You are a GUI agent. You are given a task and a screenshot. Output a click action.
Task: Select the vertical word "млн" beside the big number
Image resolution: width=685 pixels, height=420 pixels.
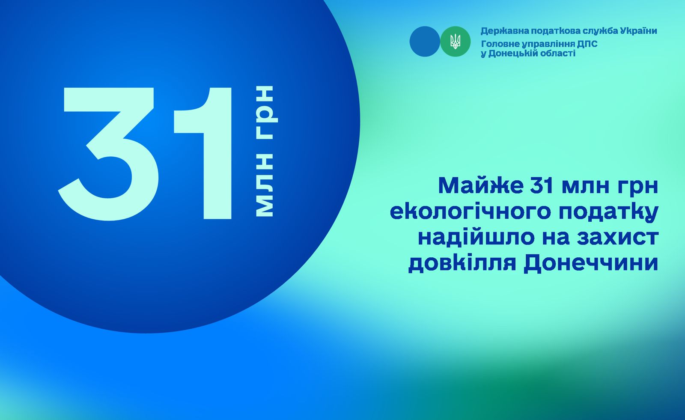click(264, 185)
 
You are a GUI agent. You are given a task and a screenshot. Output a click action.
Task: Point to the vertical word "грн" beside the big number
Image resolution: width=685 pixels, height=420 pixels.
click(266, 113)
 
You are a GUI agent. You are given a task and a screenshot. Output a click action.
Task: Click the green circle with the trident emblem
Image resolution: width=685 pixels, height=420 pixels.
click(456, 41)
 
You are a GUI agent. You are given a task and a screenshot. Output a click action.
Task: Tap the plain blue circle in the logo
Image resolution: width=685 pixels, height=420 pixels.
click(425, 41)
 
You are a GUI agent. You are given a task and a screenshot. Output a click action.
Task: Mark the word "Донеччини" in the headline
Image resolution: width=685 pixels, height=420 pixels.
click(591, 264)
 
